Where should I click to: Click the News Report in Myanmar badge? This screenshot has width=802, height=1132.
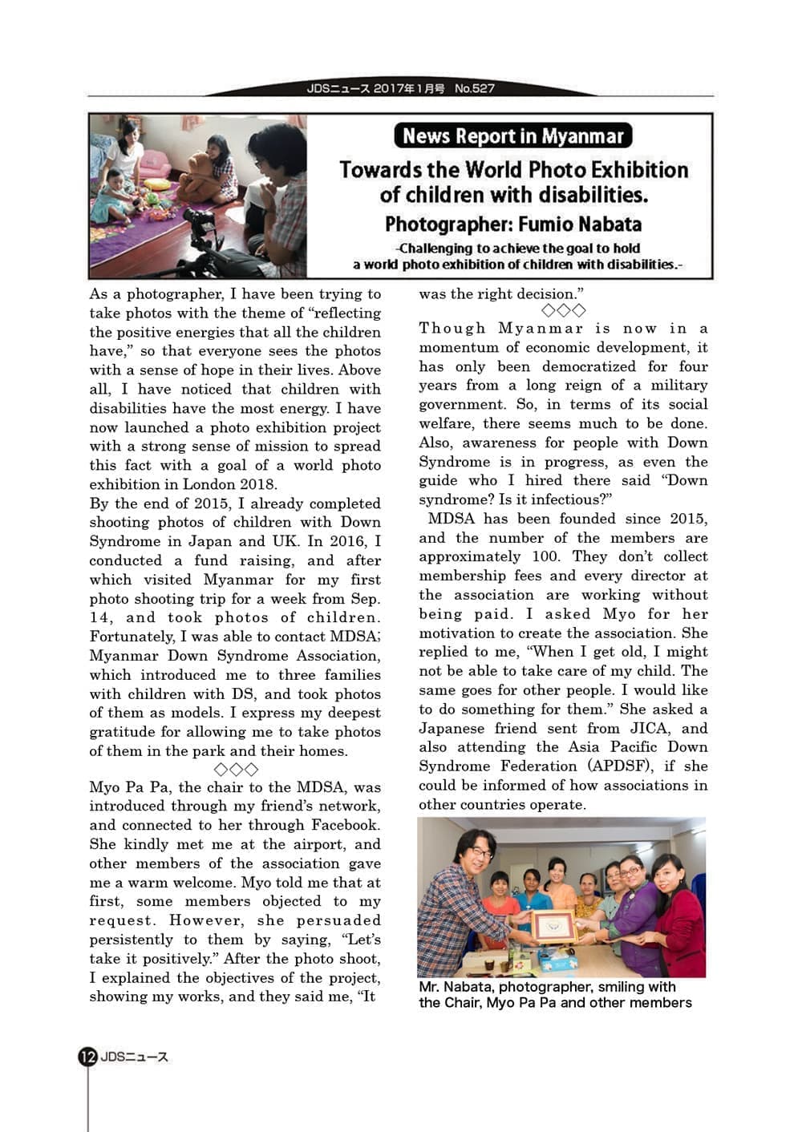tap(513, 135)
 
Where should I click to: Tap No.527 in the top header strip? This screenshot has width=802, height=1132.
tap(475, 88)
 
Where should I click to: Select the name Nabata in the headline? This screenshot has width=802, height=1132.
tap(604, 224)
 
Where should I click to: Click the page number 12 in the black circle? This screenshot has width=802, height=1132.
tap(87, 1057)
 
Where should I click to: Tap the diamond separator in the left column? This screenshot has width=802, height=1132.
tap(236, 770)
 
